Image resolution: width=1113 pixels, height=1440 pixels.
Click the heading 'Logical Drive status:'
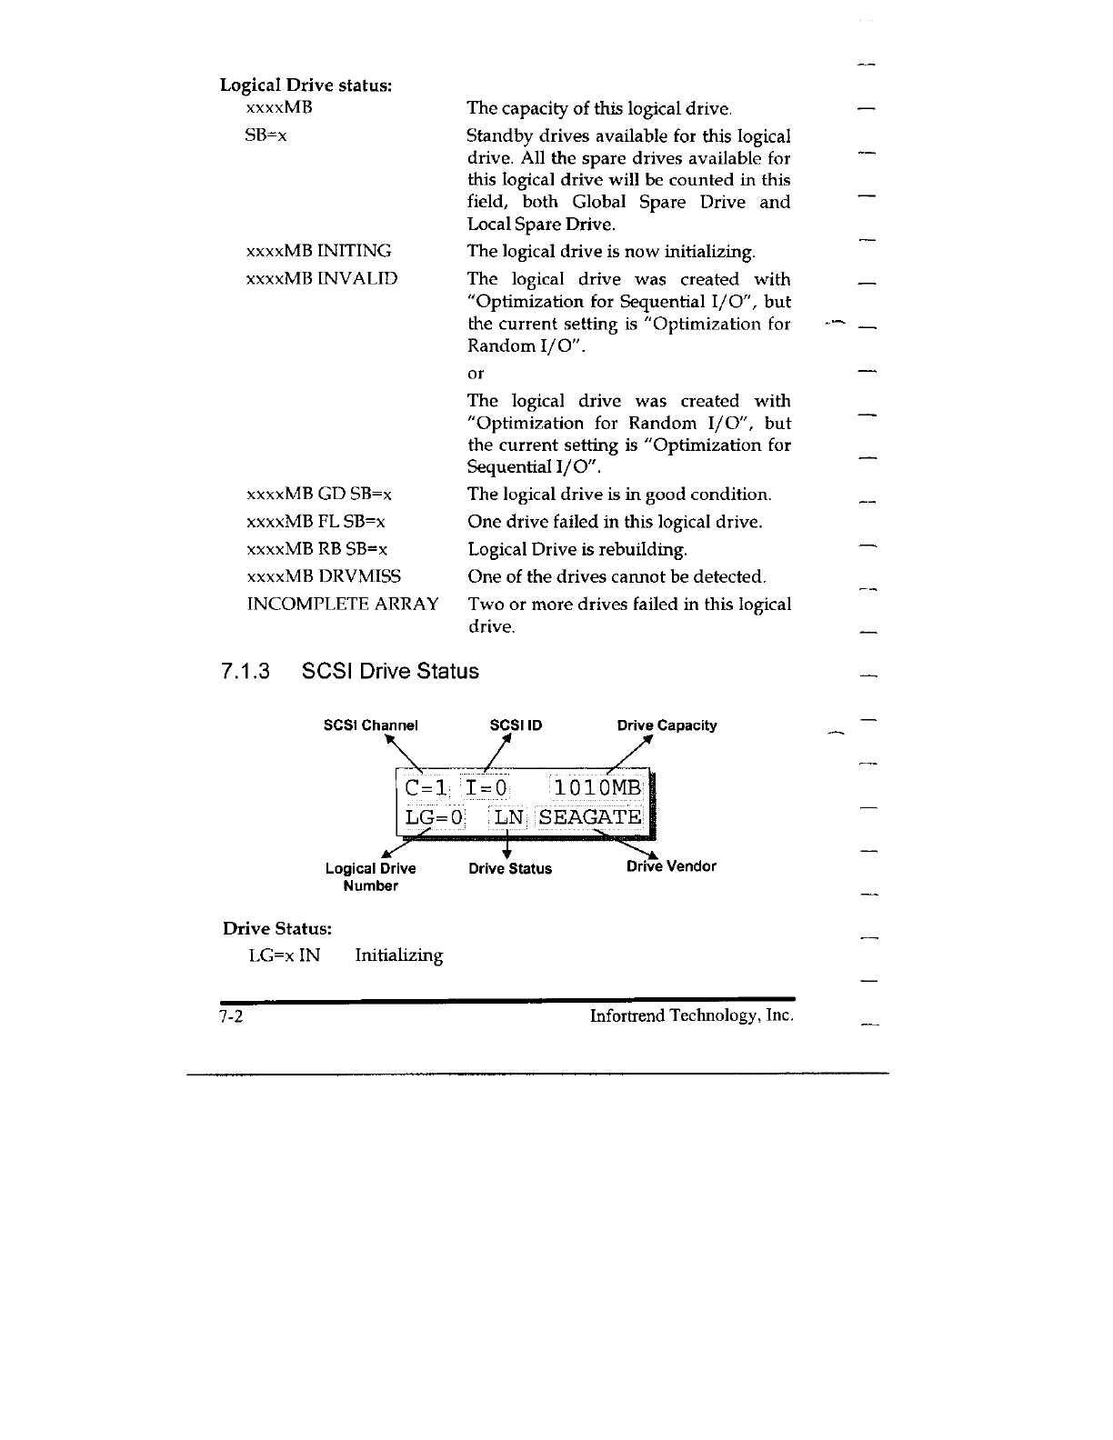pos(306,85)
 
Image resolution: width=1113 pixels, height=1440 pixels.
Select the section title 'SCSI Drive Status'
pos(389,671)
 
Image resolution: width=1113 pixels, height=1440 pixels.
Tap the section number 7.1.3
pos(246,671)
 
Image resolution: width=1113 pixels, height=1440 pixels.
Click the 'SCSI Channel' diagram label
pos(371,725)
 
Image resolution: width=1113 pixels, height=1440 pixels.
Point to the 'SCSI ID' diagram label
pos(516,725)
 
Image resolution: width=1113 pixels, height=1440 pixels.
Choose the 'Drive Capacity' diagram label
pos(667,725)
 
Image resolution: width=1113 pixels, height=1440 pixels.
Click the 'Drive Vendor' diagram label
pos(671,866)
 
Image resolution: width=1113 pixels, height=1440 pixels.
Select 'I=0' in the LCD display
pos(486,787)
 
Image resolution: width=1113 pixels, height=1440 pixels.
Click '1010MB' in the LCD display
pos(597,787)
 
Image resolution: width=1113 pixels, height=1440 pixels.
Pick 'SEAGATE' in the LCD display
pos(589,817)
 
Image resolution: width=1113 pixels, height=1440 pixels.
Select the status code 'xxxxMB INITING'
pos(319,251)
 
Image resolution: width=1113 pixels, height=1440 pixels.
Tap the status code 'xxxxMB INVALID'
pos(322,278)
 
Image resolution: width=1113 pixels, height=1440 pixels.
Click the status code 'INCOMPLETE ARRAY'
pos(343,605)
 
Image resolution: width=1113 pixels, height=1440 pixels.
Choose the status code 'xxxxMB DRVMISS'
pos(324,576)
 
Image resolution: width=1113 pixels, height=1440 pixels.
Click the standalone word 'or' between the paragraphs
pos(476,374)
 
